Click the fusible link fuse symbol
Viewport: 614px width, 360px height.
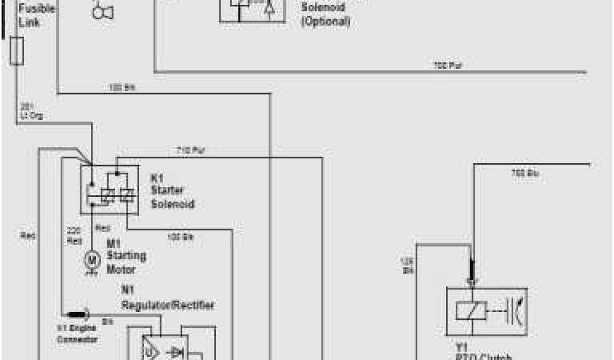coord(17,50)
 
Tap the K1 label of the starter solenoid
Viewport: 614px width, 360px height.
coord(157,179)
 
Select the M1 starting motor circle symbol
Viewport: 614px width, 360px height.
coord(92,259)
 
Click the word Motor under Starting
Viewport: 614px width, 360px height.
coord(121,269)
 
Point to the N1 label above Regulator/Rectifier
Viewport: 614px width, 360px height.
coord(128,290)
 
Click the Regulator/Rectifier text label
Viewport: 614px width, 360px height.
coord(167,305)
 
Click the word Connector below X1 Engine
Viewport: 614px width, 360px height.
coord(77,340)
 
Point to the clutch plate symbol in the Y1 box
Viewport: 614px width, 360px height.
coord(516,310)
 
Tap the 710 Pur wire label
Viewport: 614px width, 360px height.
coord(191,150)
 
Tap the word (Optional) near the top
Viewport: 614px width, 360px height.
coord(326,22)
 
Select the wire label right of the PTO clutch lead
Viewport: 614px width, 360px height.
coord(525,173)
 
